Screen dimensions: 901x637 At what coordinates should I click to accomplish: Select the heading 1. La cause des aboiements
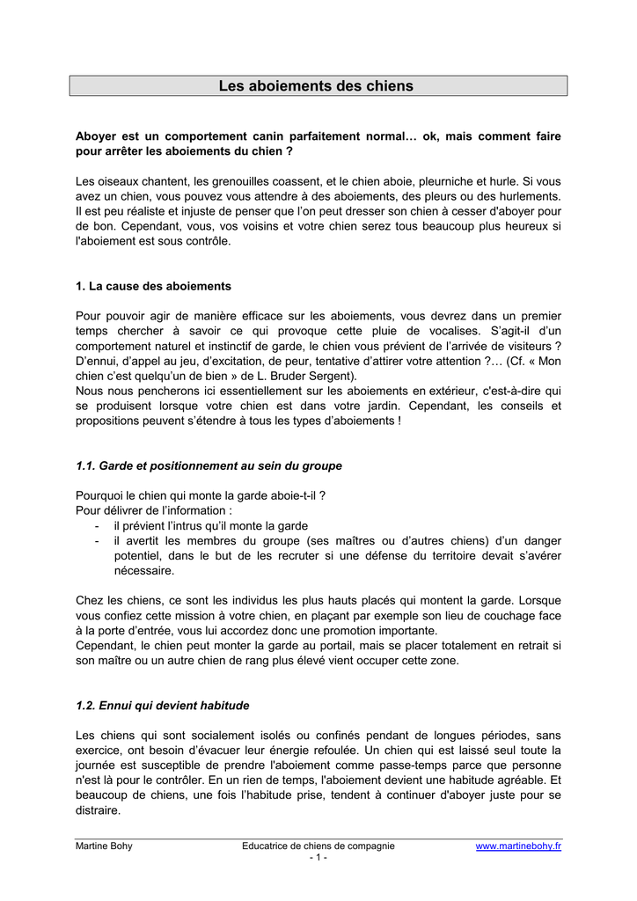coord(153,286)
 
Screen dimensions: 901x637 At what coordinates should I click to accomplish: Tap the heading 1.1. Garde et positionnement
coord(209,465)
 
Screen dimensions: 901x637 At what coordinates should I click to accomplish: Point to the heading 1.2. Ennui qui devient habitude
coord(163,706)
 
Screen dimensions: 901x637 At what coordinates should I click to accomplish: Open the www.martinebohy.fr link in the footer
coord(518,846)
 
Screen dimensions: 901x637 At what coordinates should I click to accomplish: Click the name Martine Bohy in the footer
coord(104,846)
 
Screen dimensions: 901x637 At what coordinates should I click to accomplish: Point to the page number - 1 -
coord(318,858)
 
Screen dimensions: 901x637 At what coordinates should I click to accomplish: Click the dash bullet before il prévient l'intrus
coord(96,525)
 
